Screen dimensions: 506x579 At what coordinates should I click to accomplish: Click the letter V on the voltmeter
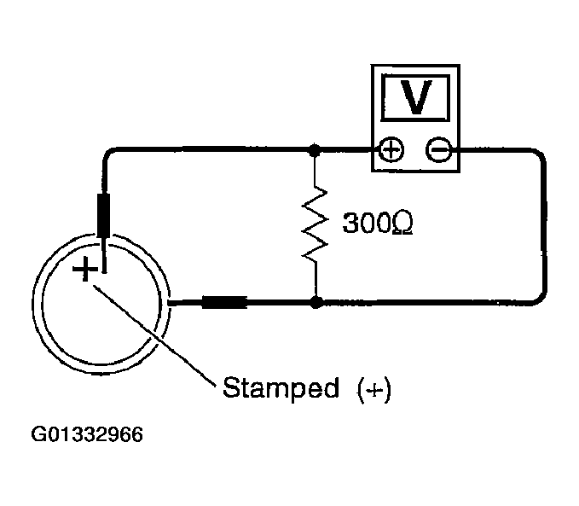pos(416,99)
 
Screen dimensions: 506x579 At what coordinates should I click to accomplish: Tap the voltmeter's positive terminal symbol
pos(390,151)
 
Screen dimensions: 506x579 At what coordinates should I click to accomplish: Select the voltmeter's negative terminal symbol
pos(440,151)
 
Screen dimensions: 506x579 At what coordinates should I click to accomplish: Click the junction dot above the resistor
pos(316,151)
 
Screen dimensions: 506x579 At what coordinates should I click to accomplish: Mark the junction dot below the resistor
pos(316,301)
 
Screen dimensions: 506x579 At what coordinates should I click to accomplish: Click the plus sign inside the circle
pos(84,270)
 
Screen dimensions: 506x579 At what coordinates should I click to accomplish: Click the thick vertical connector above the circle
pos(106,215)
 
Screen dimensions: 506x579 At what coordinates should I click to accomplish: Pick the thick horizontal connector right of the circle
pos(223,301)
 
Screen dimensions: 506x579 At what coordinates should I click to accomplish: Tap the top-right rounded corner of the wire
pos(537,156)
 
